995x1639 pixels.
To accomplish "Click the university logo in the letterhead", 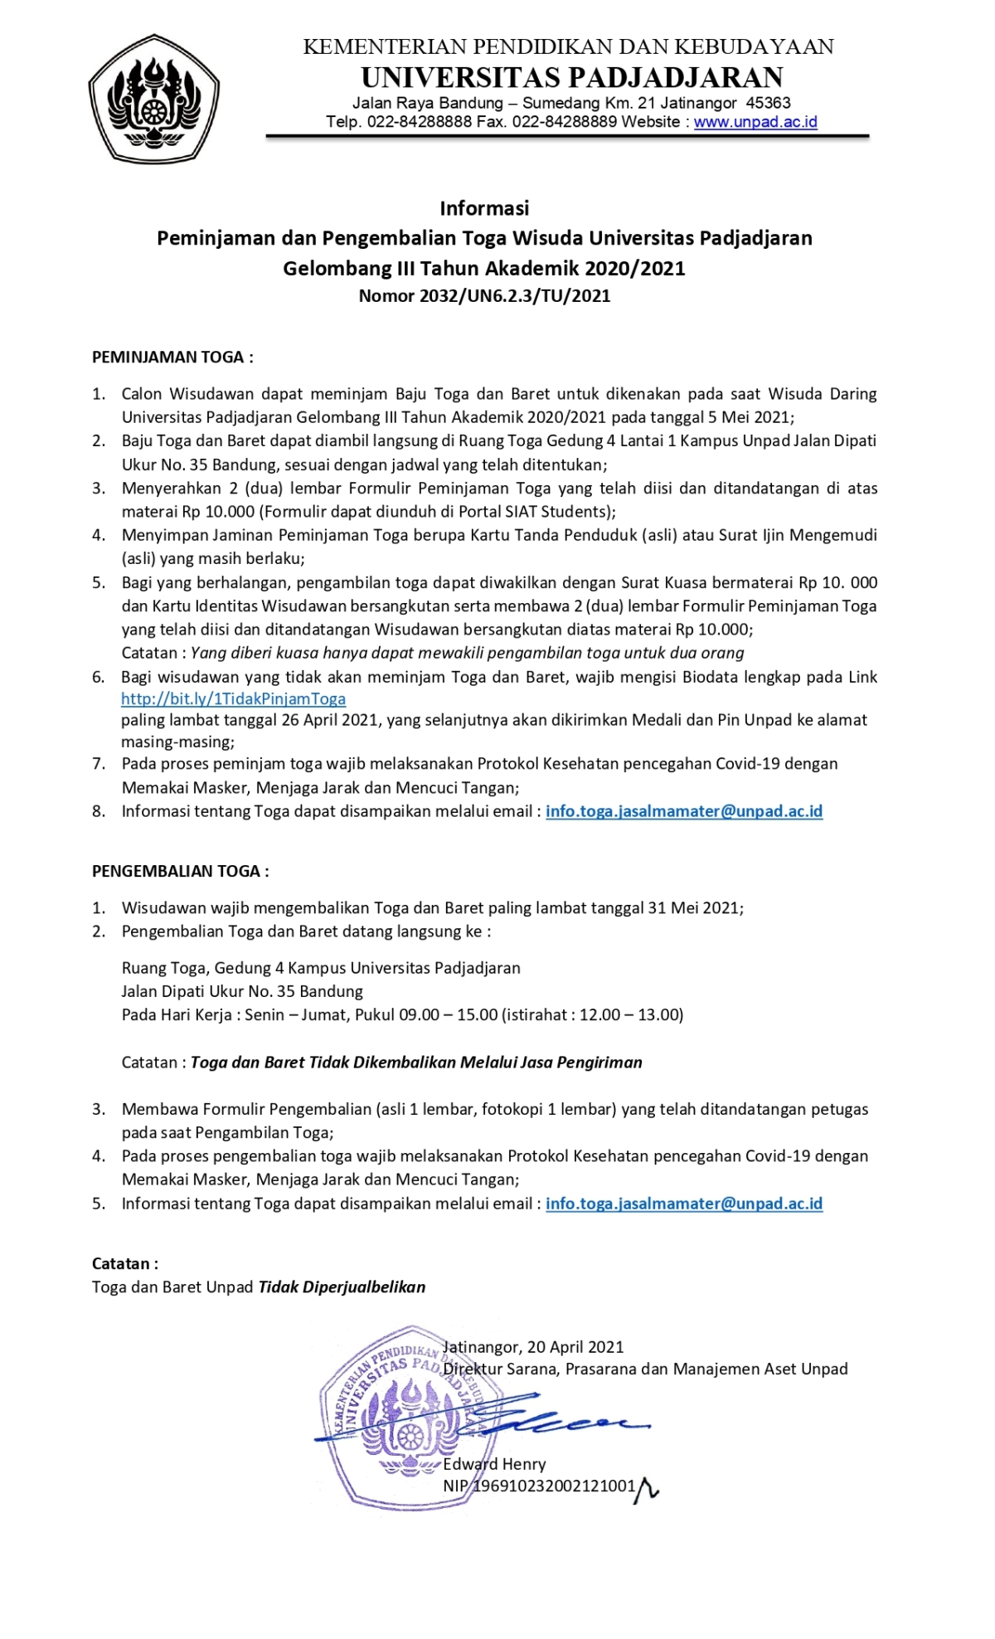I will pos(153,99).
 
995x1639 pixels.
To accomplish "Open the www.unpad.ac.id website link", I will pos(755,122).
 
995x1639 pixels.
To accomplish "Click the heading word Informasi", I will pos(484,208).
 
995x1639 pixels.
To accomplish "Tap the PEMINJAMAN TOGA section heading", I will pos(172,357).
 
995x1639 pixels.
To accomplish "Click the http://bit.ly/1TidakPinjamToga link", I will pos(233,699).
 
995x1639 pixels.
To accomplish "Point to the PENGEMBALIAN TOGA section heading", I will pos(180,871).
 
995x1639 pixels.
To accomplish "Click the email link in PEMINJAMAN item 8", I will pos(684,811).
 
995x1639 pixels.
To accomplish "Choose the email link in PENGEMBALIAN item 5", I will pos(684,1204).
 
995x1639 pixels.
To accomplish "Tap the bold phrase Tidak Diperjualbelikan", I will pos(342,1287).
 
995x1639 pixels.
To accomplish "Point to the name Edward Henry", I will pos(494,1464).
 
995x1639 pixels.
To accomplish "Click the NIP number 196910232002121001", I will pos(554,1486).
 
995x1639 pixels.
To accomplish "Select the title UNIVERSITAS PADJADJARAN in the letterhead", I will pos(572,77).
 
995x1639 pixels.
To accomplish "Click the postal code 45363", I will pos(769,103).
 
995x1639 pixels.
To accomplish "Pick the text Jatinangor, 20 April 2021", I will pos(533,1347).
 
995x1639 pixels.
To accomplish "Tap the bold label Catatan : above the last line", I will pos(125,1264).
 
